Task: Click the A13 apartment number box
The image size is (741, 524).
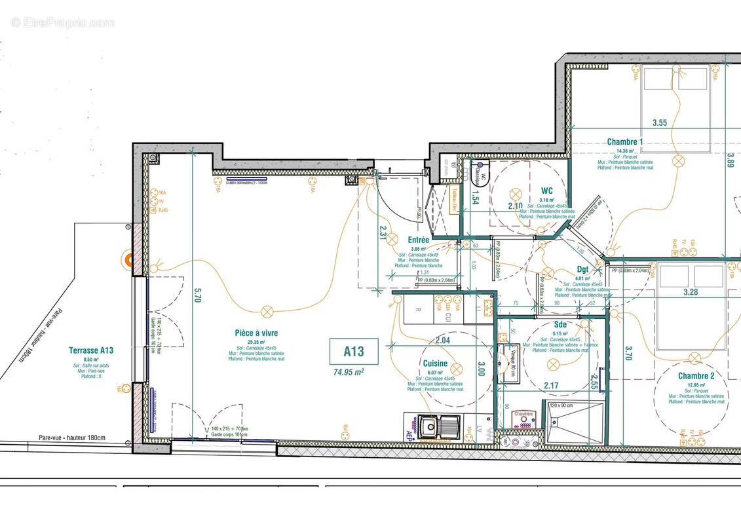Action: pos(354,351)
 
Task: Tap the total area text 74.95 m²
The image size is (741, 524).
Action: pos(349,371)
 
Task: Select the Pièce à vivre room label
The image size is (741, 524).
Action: pos(256,333)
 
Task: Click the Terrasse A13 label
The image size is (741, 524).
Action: pos(92,350)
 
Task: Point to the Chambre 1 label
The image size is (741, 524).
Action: pos(624,141)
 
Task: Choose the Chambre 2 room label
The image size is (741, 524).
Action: pos(696,375)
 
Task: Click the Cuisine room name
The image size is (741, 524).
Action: pos(435,364)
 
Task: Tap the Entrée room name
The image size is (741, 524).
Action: pos(418,240)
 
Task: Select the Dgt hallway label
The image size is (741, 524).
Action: pos(582,269)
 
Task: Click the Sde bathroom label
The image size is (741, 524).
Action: pos(560,324)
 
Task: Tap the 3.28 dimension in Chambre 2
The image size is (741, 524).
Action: pos(690,292)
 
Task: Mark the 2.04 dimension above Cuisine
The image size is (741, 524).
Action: pos(443,340)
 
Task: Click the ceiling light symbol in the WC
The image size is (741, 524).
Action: pos(515,194)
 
